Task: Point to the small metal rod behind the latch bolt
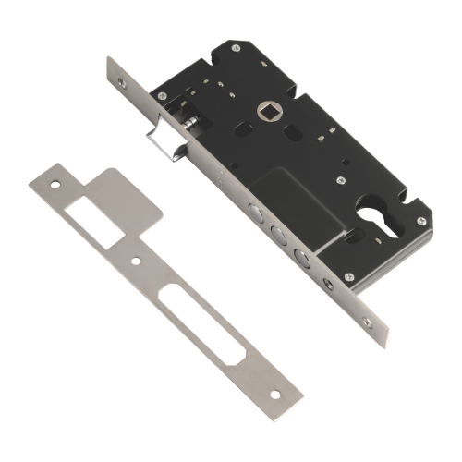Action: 188,126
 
